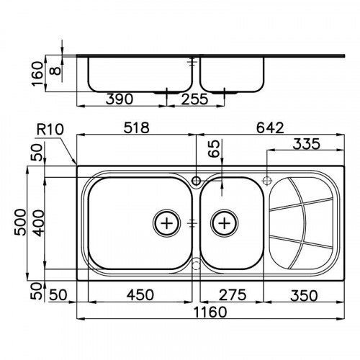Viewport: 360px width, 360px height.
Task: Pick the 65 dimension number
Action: tap(213, 149)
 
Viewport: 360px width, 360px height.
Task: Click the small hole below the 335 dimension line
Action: tap(267, 179)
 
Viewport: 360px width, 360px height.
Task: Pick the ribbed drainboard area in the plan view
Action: tap(301, 222)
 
